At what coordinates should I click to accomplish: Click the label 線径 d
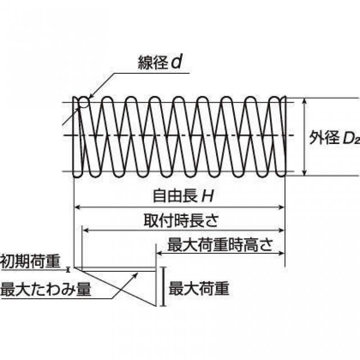[x=160, y=63]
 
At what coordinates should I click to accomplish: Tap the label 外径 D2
[x=334, y=138]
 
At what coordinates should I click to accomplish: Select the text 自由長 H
[x=183, y=196]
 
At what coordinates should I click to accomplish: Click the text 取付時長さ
[x=181, y=220]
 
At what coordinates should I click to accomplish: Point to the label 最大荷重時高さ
[x=220, y=245]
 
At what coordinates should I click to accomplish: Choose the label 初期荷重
[x=30, y=261]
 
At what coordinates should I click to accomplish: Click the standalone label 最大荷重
[x=199, y=288]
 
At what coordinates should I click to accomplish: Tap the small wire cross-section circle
[x=84, y=103]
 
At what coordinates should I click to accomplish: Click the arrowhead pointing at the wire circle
[x=90, y=96]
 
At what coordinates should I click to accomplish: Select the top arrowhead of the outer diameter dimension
[x=305, y=101]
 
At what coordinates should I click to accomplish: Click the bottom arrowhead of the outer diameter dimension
[x=305, y=173]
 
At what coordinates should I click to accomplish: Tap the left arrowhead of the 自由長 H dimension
[x=78, y=207]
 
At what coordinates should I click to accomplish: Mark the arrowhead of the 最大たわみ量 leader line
[x=136, y=274]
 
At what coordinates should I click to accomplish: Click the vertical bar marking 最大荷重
[x=163, y=286]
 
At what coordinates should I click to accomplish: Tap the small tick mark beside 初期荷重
[x=68, y=269]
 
